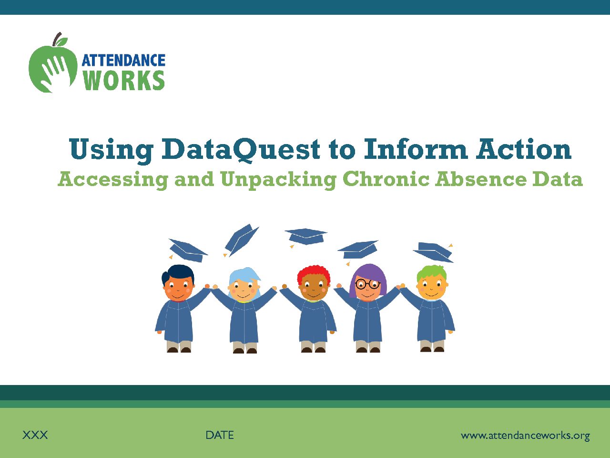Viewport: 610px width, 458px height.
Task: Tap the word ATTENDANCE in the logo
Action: point(123,60)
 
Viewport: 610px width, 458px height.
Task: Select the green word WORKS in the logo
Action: point(124,80)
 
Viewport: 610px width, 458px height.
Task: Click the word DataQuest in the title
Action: point(241,150)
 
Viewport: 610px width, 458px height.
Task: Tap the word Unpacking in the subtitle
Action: point(278,180)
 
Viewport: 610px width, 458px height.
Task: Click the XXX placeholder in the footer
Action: point(35,435)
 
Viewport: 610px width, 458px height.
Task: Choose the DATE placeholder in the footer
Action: point(220,435)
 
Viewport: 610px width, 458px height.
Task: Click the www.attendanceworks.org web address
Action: point(525,436)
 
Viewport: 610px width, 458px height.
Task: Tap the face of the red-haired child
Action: point(314,289)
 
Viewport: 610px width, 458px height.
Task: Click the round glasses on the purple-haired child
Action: point(368,284)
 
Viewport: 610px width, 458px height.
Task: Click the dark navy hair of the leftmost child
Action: point(178,274)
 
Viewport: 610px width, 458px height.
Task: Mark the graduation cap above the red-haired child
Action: point(306,237)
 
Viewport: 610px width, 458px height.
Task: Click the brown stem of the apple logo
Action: point(57,39)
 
